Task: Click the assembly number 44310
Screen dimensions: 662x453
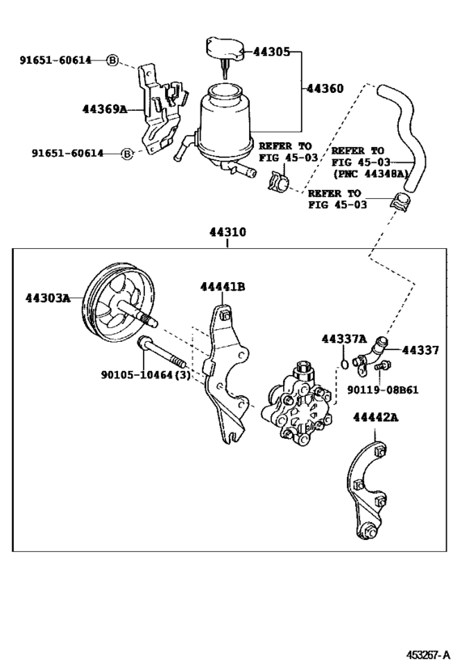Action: click(x=227, y=232)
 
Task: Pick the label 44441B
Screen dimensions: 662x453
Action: click(x=223, y=287)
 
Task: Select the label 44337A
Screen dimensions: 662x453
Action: click(x=344, y=339)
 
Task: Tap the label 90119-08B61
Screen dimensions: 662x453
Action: click(x=383, y=390)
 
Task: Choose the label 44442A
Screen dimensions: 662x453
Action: click(x=375, y=417)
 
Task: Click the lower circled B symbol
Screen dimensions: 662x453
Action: click(x=127, y=153)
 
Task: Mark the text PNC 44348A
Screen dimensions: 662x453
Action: click(x=371, y=173)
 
